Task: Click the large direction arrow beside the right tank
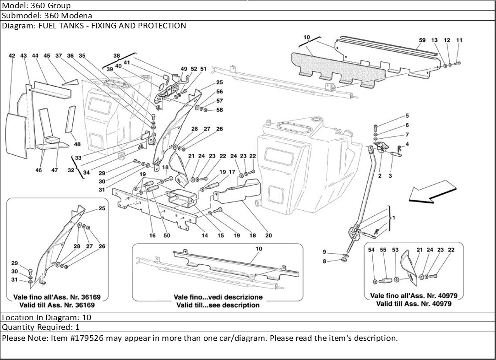click(x=432, y=192)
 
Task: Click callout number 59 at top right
click(x=422, y=40)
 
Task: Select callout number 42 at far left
click(x=12, y=56)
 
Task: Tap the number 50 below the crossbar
click(x=167, y=235)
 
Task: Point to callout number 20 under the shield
click(x=268, y=235)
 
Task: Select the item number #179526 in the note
click(x=85, y=338)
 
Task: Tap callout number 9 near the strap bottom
click(x=324, y=252)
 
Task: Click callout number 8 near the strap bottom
click(x=324, y=262)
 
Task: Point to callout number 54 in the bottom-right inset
click(x=371, y=250)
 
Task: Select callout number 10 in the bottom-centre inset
click(x=259, y=249)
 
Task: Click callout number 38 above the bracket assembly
click(x=117, y=56)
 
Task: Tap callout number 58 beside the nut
click(x=219, y=110)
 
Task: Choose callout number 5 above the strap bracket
click(x=408, y=116)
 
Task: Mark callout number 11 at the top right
click(x=459, y=40)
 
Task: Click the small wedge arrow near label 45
click(x=70, y=82)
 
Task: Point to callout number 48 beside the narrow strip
click(x=77, y=144)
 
